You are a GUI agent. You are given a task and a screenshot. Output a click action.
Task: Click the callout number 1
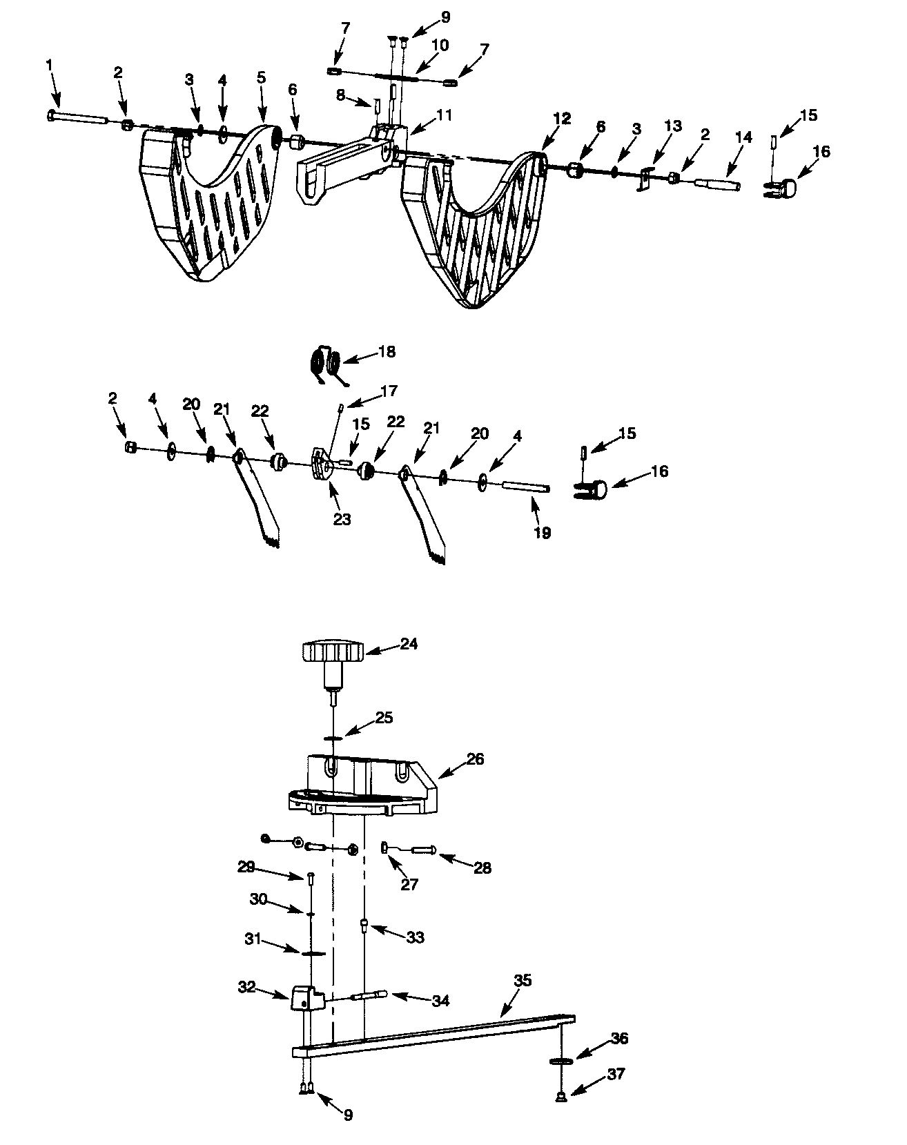click(49, 64)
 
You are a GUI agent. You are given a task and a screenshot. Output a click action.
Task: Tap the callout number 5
click(261, 77)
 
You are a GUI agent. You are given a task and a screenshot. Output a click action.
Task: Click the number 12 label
click(562, 118)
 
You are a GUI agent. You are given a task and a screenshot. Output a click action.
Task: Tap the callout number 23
click(342, 519)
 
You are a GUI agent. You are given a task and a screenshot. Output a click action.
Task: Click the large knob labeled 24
click(333, 652)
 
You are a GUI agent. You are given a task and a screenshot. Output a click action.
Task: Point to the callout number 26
click(475, 759)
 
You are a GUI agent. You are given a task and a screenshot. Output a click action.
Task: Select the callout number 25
click(384, 717)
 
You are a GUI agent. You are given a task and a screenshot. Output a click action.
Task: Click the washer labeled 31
click(313, 953)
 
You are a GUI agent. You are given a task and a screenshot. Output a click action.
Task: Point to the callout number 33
click(415, 937)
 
